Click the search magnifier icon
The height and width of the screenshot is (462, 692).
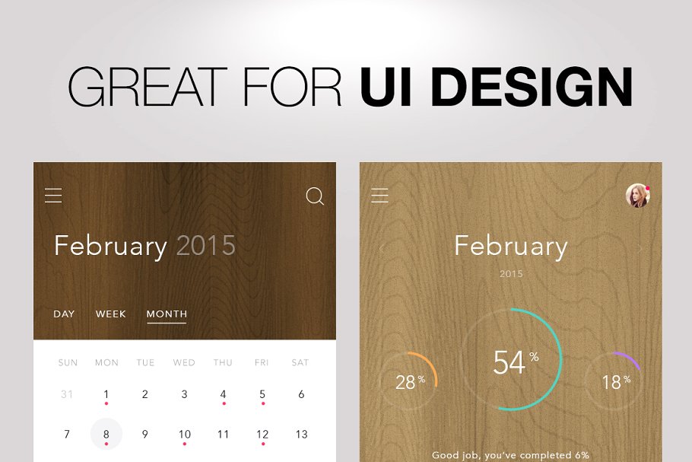pos(315,196)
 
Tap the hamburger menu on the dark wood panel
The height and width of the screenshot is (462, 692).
pos(53,196)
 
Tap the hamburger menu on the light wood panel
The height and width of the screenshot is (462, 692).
pos(379,196)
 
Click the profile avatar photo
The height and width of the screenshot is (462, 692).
pos(637,196)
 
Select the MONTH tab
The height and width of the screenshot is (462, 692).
pos(167,314)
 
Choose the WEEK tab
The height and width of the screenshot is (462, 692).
pos(111,314)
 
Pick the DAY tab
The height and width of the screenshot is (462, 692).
pos(64,314)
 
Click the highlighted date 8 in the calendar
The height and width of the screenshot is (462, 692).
pos(106,435)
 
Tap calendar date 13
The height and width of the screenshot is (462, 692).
pos(301,435)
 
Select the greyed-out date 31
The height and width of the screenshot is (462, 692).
pos(67,394)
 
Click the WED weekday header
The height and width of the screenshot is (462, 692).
pos(184,363)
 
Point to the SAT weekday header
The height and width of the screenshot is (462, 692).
pos(300,363)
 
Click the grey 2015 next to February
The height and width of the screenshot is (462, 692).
pos(206,246)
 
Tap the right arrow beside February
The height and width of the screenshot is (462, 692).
pos(640,248)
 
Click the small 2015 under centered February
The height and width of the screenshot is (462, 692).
pos(511,274)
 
